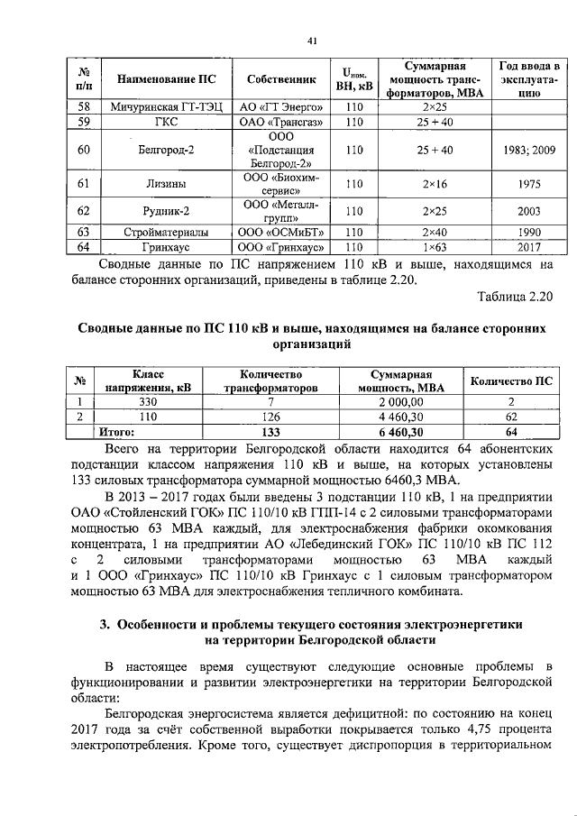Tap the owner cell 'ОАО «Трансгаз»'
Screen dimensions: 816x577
[279, 122]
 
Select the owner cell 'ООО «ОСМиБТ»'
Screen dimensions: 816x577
[279, 232]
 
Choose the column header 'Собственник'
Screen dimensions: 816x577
[279, 79]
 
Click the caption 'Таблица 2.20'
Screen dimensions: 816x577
[509, 297]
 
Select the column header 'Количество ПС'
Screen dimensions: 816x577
[511, 380]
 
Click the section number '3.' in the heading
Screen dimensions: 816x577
[105, 624]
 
